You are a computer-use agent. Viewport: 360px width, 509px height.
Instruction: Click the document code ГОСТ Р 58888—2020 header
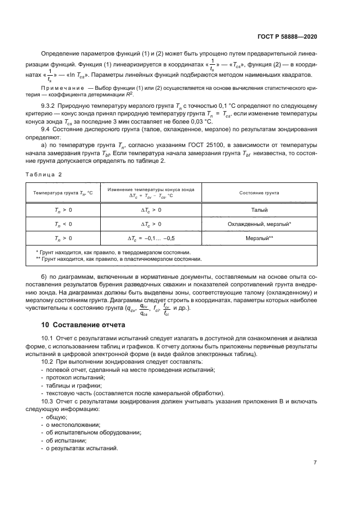(287, 36)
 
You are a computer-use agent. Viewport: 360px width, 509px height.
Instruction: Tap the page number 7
(315, 463)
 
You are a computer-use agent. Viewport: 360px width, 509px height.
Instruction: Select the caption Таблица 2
(44, 174)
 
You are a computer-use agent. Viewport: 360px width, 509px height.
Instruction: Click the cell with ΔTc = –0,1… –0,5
(151, 238)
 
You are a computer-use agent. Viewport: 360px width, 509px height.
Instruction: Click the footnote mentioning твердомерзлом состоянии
(113, 252)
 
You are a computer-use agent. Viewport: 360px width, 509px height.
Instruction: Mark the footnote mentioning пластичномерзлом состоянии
(118, 259)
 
